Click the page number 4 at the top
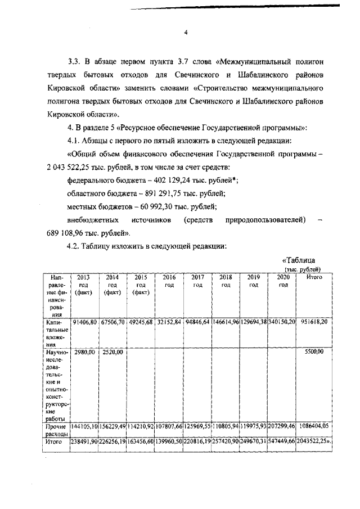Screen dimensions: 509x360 [186, 32]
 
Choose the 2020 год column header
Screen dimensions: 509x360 [282, 281]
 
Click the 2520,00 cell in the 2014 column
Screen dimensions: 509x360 [112, 352]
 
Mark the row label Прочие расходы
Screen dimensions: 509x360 [56, 431]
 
